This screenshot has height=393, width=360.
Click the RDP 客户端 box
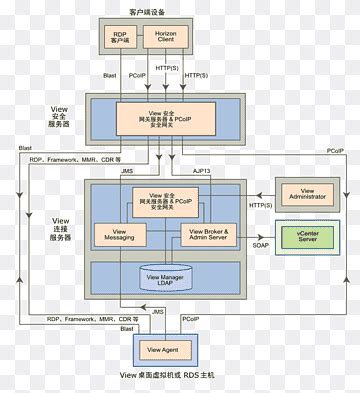[x=121, y=39]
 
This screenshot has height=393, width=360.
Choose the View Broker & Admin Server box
[x=209, y=235]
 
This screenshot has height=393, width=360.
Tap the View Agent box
[x=162, y=349]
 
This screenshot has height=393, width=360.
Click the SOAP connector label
[x=261, y=245]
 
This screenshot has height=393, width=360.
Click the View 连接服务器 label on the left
[x=61, y=229]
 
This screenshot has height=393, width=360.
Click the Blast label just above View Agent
[x=127, y=328]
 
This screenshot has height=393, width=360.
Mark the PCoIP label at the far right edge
[x=336, y=150]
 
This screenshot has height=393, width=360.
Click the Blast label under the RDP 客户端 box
[x=110, y=75]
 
